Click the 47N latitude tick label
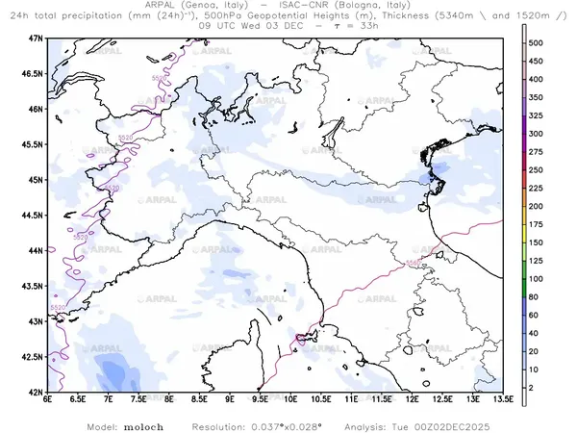pos(37,38)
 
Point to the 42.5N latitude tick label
pos(33,357)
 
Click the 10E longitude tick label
pos(290,400)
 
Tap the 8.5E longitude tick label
pos(200,400)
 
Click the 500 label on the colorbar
pos(539,43)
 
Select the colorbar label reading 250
pos(539,170)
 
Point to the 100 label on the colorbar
pos(539,279)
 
